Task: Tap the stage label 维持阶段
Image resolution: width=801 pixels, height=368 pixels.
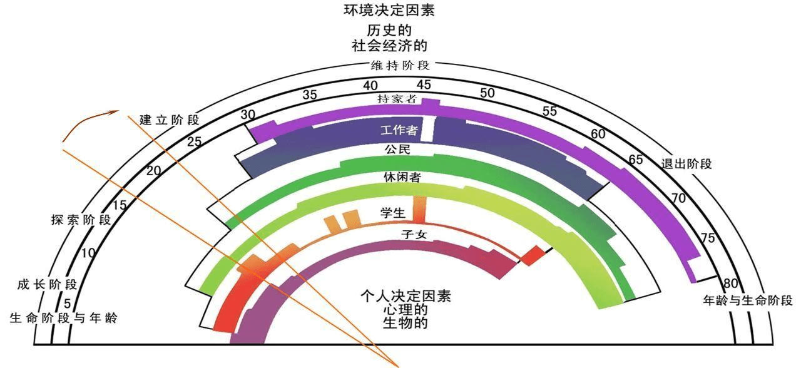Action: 399,65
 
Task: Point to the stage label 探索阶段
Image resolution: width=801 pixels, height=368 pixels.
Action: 81,220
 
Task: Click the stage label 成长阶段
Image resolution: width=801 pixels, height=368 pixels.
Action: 47,285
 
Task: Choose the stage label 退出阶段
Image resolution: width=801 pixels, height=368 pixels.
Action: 686,165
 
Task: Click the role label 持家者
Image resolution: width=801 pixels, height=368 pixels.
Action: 396,99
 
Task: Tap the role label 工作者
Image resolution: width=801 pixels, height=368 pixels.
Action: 399,131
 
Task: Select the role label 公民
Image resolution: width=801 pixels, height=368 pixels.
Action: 397,150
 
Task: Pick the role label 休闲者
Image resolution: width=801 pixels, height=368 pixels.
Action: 401,178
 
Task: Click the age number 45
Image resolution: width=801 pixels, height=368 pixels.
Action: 424,84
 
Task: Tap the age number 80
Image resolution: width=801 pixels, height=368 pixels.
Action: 730,282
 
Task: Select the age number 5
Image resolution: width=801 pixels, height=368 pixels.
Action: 67,304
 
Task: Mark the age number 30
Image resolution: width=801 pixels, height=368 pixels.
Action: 248,115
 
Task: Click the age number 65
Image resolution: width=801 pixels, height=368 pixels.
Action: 636,160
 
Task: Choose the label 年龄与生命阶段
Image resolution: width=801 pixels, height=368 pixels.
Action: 748,300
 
